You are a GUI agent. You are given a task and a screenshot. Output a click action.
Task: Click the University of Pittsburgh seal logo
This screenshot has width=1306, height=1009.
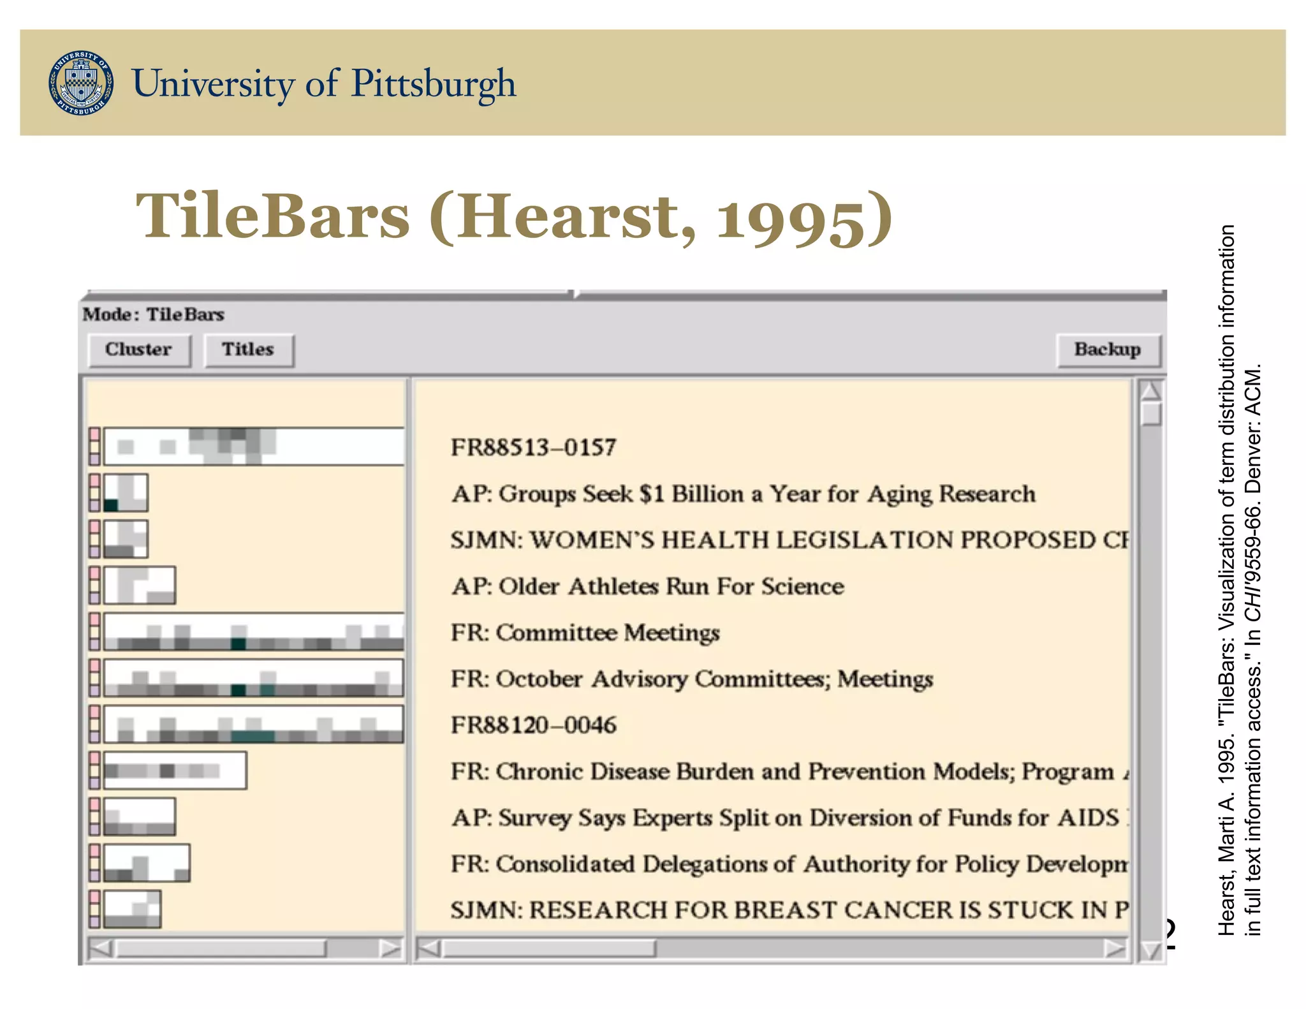coord(81,83)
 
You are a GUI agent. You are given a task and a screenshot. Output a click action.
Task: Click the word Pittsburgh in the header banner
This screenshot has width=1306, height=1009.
coord(433,84)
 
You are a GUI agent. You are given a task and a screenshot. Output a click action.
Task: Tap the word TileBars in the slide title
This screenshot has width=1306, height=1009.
coord(272,216)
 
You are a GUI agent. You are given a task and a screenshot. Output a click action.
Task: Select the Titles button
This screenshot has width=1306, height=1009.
coord(248,350)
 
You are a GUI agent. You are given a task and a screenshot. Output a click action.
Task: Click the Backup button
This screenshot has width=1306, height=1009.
coord(1107,350)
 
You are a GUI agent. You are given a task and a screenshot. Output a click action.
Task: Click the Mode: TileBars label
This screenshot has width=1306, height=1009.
coord(153,314)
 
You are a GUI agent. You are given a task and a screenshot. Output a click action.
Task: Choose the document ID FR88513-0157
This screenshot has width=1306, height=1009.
coord(533,447)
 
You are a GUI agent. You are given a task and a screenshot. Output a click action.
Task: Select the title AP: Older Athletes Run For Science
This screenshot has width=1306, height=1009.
coord(647,586)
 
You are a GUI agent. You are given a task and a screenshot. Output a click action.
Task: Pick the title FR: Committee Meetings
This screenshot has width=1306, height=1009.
coord(585,632)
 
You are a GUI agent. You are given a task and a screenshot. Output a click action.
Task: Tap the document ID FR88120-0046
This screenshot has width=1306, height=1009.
coord(533,725)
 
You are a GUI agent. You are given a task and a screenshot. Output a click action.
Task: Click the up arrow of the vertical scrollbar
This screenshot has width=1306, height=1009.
coord(1150,390)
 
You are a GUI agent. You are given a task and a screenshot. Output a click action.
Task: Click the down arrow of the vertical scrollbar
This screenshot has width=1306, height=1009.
coord(1150,951)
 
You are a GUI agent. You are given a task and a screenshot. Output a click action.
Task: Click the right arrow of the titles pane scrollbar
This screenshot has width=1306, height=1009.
coord(1115,948)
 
